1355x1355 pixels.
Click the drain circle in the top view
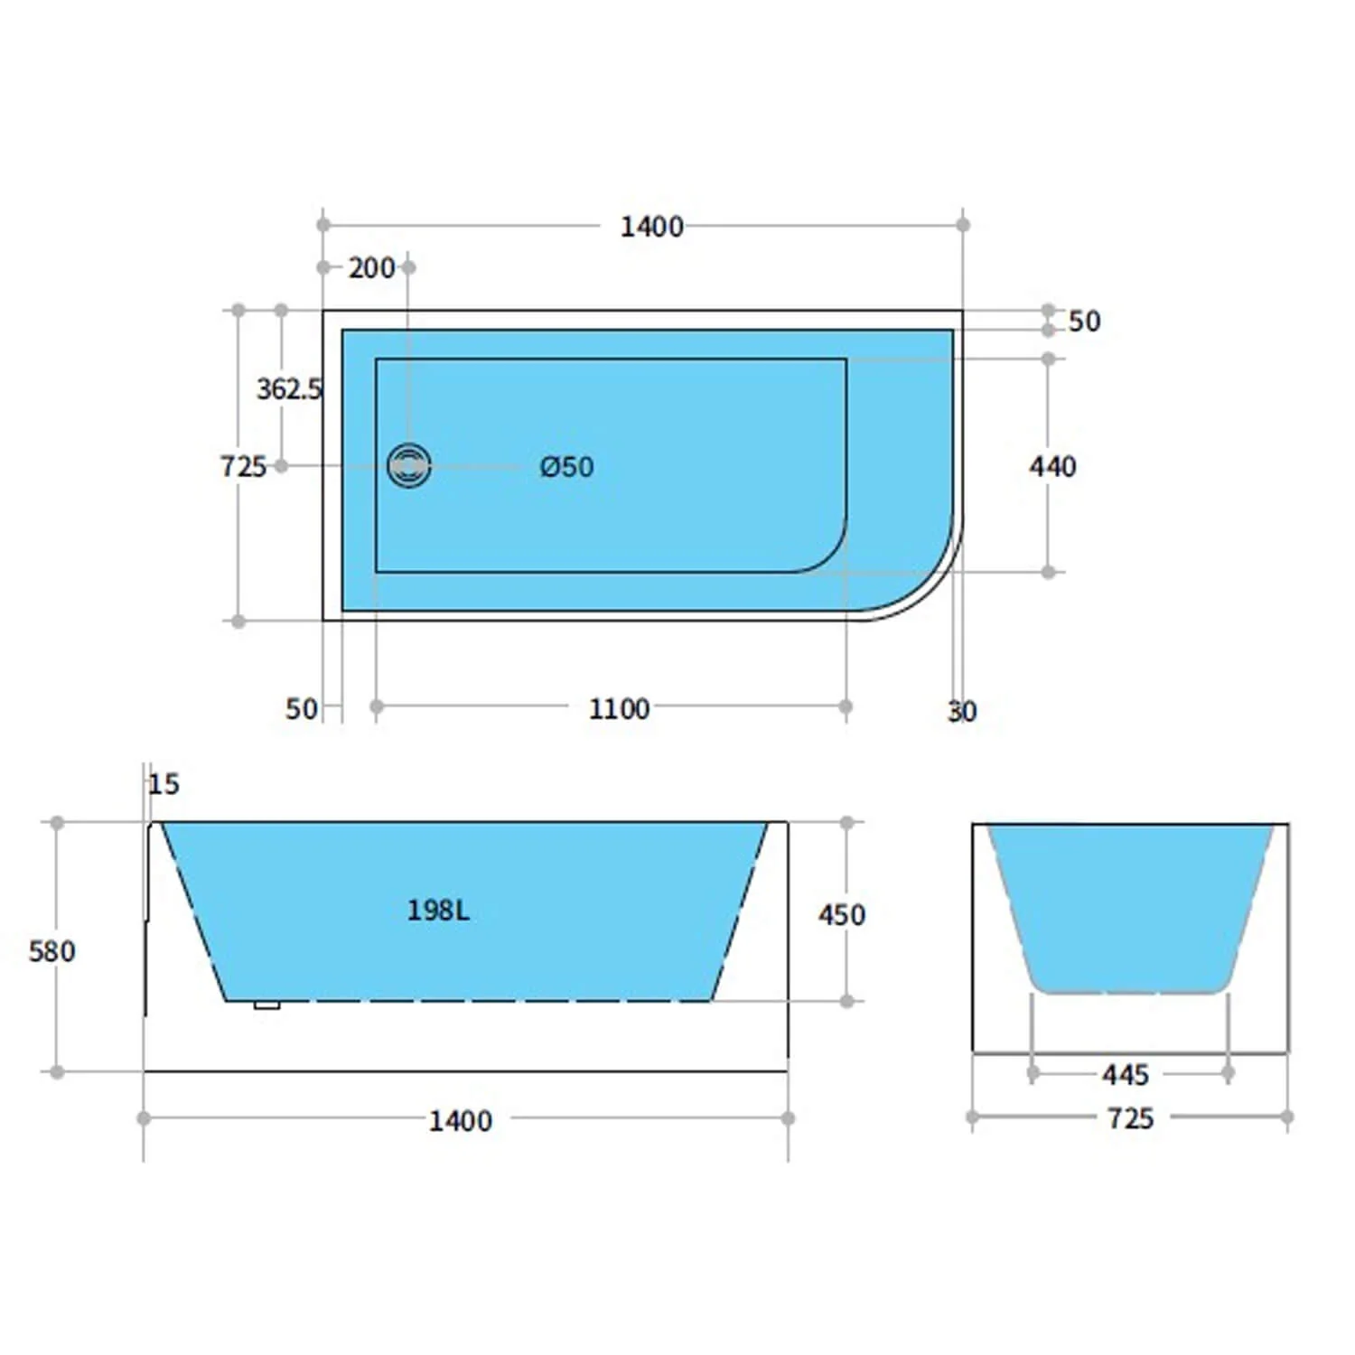[409, 466]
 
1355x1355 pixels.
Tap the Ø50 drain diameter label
[566, 467]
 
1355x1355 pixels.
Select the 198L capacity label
[438, 910]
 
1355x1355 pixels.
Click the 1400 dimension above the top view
[651, 227]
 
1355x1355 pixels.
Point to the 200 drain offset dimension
[371, 267]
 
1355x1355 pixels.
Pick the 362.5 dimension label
[289, 389]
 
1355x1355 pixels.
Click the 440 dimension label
[1052, 467]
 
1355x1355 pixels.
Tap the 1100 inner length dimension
[619, 709]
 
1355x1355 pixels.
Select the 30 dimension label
[962, 712]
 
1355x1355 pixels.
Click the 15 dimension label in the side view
[164, 784]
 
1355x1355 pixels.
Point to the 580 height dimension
[52, 951]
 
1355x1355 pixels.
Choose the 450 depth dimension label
[841, 915]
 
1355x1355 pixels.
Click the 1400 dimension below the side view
[460, 1121]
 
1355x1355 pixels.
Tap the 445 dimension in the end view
[1125, 1075]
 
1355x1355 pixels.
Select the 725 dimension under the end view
[1130, 1119]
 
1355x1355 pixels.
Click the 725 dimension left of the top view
[243, 467]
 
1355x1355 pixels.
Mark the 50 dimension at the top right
[1084, 322]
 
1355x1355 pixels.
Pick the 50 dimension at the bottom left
[302, 709]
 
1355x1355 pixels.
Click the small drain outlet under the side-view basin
[266, 1005]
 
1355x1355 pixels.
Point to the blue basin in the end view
[1129, 903]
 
